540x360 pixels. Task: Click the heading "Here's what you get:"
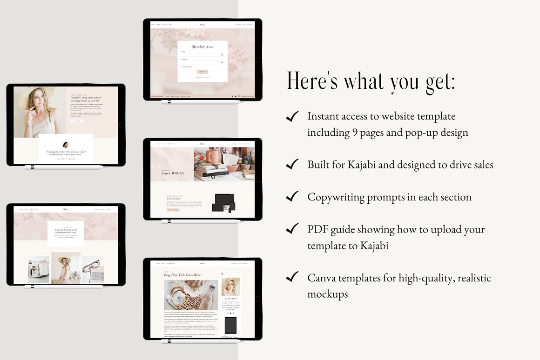click(x=371, y=80)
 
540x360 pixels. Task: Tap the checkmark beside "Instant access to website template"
click(x=292, y=116)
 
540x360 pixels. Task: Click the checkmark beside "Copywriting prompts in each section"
click(x=292, y=196)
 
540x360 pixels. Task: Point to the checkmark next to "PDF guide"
click(x=292, y=229)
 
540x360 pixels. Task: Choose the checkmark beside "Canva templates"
click(x=292, y=278)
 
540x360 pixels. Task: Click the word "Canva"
click(x=321, y=278)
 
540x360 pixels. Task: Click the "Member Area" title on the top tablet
click(x=202, y=47)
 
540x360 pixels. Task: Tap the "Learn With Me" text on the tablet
click(x=173, y=173)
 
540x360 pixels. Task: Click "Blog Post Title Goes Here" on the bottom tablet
click(x=182, y=275)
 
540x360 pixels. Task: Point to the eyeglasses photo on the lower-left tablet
click(x=93, y=269)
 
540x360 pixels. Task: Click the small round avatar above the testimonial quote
click(x=66, y=144)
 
